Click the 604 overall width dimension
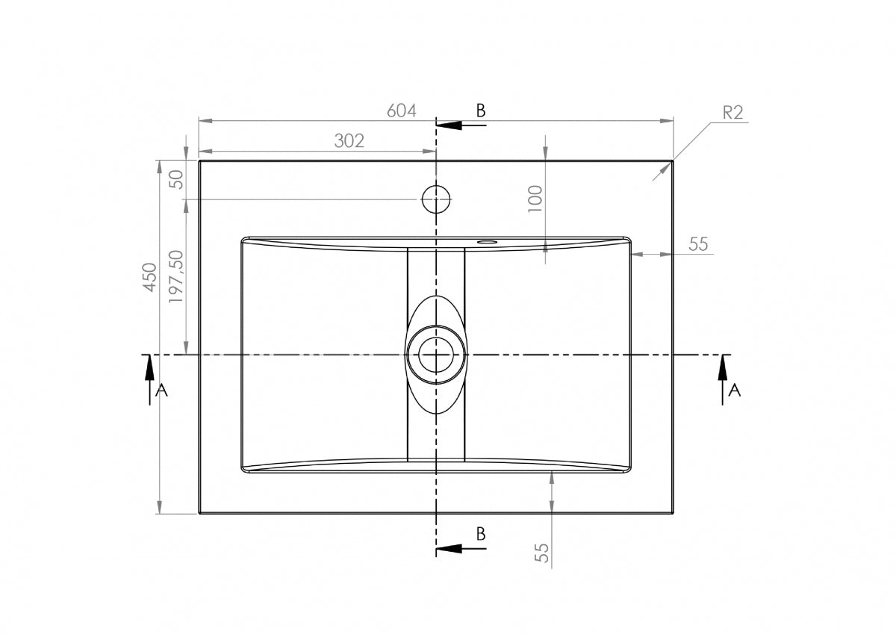(x=402, y=111)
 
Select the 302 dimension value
(x=349, y=141)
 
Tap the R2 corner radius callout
(x=732, y=113)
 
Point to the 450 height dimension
(x=149, y=277)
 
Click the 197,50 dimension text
(x=176, y=276)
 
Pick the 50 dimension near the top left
(x=176, y=179)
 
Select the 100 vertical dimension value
(x=535, y=199)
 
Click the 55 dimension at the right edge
(x=698, y=244)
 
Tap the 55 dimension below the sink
(x=541, y=553)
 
